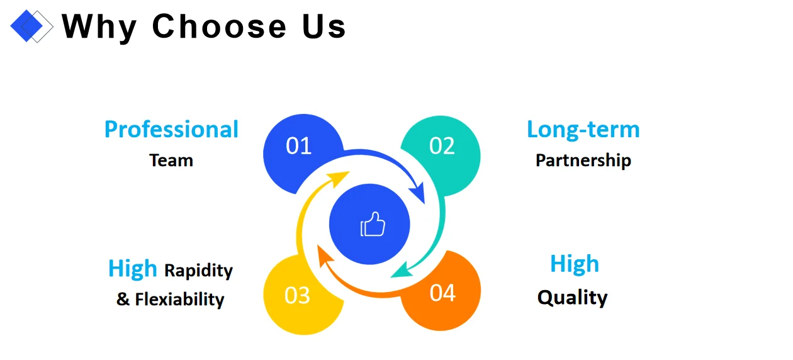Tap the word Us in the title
[320, 26]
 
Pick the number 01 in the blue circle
[299, 146]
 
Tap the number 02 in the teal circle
[442, 146]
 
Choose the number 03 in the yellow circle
[298, 295]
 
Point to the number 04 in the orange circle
[442, 293]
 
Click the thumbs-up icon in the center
[372, 225]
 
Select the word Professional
[171, 129]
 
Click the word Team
[171, 160]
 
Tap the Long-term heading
[583, 129]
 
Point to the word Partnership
[583, 160]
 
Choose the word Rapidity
[198, 271]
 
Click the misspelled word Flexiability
[179, 298]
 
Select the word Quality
[572, 297]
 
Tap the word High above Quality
[574, 264]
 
